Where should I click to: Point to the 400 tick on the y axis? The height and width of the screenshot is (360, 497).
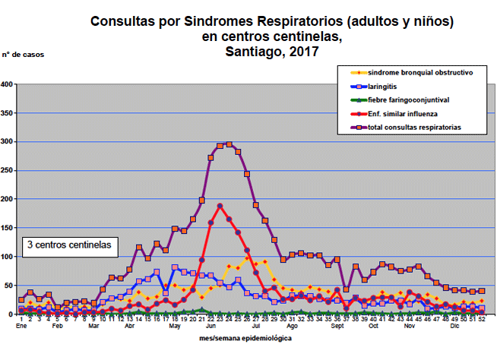pyautogui.click(x=8, y=84)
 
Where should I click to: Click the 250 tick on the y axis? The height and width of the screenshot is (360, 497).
pyautogui.click(x=8, y=170)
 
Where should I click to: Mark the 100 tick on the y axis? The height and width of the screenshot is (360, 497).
pyautogui.click(x=8, y=257)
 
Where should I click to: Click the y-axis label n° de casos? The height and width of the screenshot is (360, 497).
pyautogui.click(x=21, y=55)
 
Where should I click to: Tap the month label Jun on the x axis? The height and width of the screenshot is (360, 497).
pyautogui.click(x=211, y=327)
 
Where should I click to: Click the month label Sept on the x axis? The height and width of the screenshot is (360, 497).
pyautogui.click(x=336, y=327)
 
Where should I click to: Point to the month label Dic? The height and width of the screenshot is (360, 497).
pyautogui.click(x=454, y=327)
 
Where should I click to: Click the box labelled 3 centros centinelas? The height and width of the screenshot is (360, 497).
pyautogui.click(x=69, y=245)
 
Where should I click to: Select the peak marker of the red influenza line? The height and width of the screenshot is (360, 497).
pyautogui.click(x=220, y=206)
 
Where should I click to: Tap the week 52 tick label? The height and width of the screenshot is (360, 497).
pyautogui.click(x=482, y=319)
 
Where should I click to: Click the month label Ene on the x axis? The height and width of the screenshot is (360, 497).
pyautogui.click(x=22, y=327)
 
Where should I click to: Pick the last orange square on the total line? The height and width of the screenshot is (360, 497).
pyautogui.click(x=482, y=291)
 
